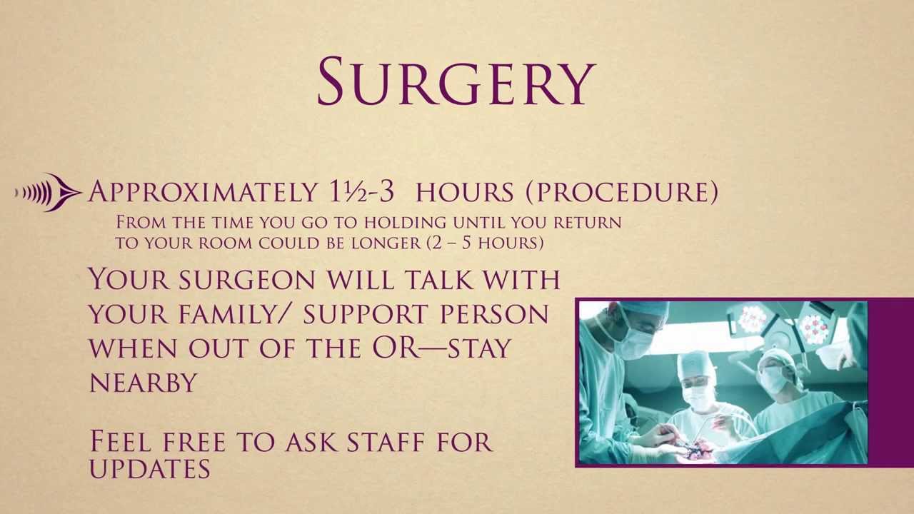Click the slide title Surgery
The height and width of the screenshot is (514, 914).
click(456, 81)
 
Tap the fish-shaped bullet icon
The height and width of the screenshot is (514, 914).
click(48, 192)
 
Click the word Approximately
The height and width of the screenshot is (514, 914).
click(203, 191)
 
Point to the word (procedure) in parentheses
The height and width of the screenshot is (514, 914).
click(622, 192)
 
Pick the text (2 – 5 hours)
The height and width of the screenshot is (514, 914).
click(485, 243)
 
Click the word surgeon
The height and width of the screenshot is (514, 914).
click(247, 279)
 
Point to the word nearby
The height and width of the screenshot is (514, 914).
click(143, 383)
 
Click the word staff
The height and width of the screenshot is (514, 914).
click(387, 441)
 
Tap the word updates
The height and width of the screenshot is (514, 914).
click(150, 468)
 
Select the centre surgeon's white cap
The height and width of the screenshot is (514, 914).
click(696, 366)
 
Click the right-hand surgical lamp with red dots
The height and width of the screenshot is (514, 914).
click(814, 325)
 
